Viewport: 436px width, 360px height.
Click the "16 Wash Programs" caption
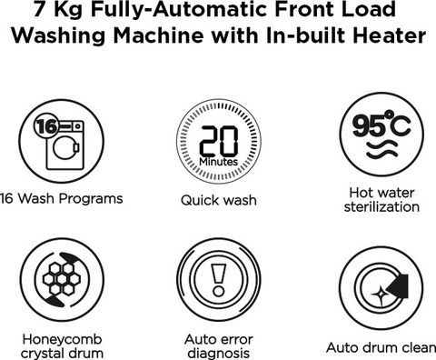click(62, 199)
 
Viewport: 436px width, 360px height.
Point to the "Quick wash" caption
click(219, 200)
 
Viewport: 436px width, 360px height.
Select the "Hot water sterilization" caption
click(381, 200)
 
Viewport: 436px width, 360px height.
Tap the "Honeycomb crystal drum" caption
click(62, 346)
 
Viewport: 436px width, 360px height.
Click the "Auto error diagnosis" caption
click(219, 346)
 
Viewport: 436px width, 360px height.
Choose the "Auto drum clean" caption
click(381, 347)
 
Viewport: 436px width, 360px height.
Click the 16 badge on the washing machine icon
click(46, 126)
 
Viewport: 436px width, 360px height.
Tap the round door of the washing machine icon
click(64, 147)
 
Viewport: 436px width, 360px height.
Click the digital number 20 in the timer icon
click(219, 141)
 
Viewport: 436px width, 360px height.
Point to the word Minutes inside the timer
click(218, 162)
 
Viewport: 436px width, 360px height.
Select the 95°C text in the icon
click(381, 124)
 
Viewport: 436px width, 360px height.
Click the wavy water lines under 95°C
click(381, 149)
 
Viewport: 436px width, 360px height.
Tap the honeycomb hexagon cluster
click(62, 279)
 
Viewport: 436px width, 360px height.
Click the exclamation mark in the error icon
click(219, 280)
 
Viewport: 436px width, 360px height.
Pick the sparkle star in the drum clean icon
click(379, 295)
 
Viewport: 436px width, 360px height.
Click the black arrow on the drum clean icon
click(399, 285)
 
